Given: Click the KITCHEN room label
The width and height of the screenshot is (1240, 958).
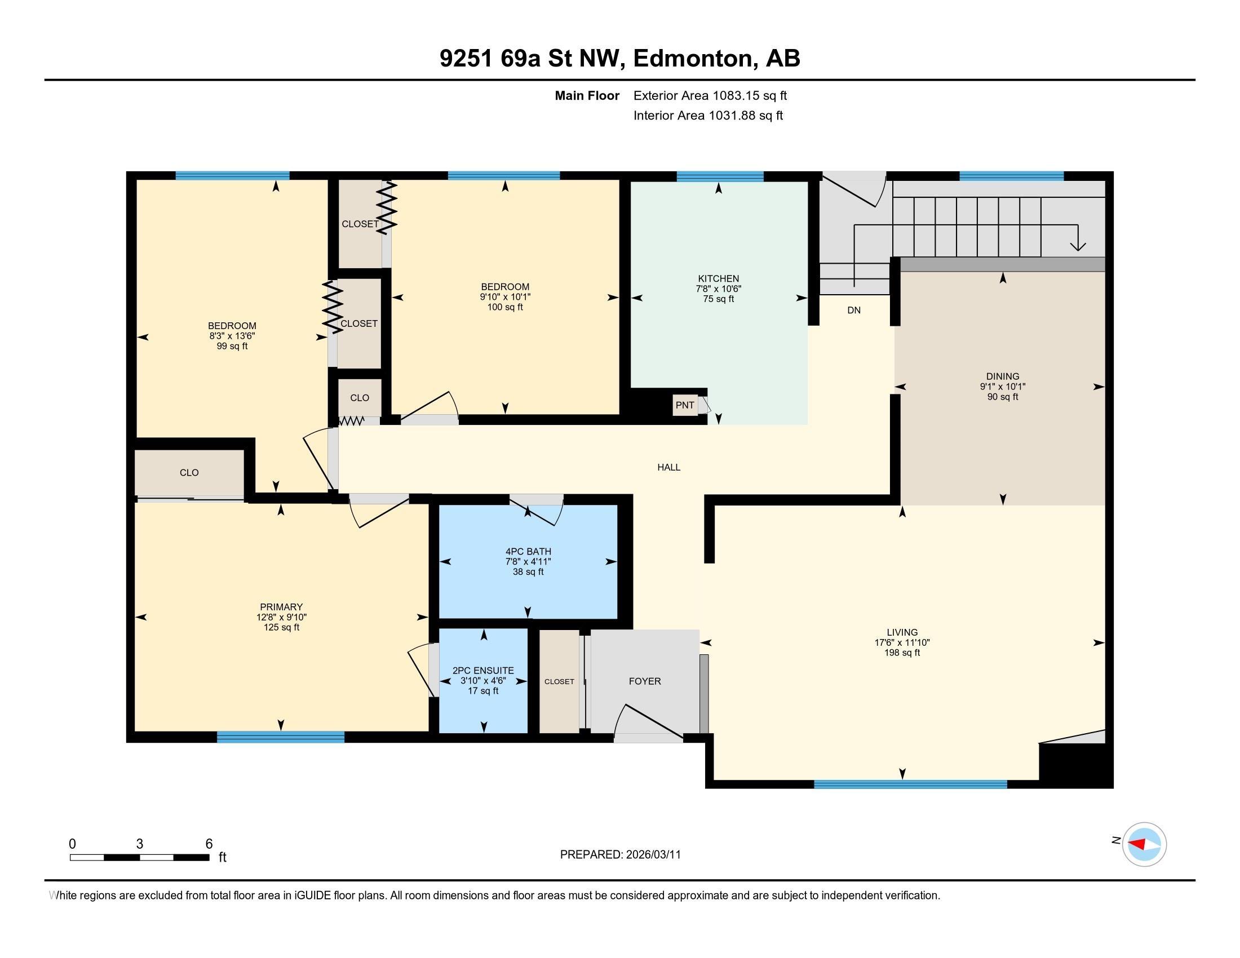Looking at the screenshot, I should tap(718, 278).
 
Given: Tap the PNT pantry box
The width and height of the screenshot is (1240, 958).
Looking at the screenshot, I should tap(685, 405).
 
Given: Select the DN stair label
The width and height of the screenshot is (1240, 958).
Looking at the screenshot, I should tap(853, 311).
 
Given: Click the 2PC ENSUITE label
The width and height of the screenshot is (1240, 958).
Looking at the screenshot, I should tap(483, 670).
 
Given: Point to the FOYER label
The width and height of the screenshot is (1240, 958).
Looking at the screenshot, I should tap(644, 681).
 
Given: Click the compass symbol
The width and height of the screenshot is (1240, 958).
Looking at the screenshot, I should tap(1144, 845).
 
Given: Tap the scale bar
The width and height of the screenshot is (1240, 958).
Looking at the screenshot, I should tap(139, 858).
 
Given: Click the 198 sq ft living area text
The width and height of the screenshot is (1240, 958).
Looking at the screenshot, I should tap(902, 653).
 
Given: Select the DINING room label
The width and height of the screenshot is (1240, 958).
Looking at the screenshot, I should tap(1002, 376).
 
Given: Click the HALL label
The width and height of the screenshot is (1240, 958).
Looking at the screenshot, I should tap(668, 468).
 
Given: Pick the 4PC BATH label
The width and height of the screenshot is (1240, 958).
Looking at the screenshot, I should tap(528, 552).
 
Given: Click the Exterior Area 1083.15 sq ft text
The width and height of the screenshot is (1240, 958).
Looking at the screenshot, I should tap(710, 96).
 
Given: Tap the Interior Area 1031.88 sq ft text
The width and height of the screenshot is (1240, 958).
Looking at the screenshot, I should tap(708, 116).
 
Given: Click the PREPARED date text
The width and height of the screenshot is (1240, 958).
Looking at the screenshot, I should tap(620, 855).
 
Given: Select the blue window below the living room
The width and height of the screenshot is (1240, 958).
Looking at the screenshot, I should tap(910, 784).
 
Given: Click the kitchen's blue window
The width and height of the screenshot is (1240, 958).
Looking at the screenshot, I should tap(720, 176).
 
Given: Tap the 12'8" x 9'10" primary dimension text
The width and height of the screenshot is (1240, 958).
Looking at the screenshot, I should tap(281, 618).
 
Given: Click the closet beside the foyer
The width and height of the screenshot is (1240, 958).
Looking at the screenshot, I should tap(559, 681).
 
